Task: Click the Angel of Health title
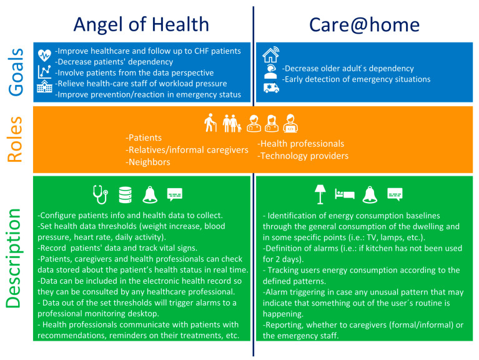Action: point(141,25)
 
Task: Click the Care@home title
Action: point(365,24)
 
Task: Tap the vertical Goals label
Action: point(16,72)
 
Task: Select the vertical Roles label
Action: point(15,139)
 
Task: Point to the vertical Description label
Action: point(14,258)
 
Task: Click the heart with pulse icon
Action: point(44,56)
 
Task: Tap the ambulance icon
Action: point(271,87)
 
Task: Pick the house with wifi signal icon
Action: point(271,54)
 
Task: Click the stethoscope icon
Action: point(101,194)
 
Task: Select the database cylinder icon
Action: point(126,195)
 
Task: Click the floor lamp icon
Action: point(320,194)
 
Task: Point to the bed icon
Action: point(345,194)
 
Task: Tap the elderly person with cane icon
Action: point(210,123)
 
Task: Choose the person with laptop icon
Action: point(290,123)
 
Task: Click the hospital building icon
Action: point(44,86)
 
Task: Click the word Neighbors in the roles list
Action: point(148,162)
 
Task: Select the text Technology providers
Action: point(303,156)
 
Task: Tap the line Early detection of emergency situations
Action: point(356,79)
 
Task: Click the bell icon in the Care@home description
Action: point(370,194)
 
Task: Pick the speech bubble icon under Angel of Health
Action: point(175,194)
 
